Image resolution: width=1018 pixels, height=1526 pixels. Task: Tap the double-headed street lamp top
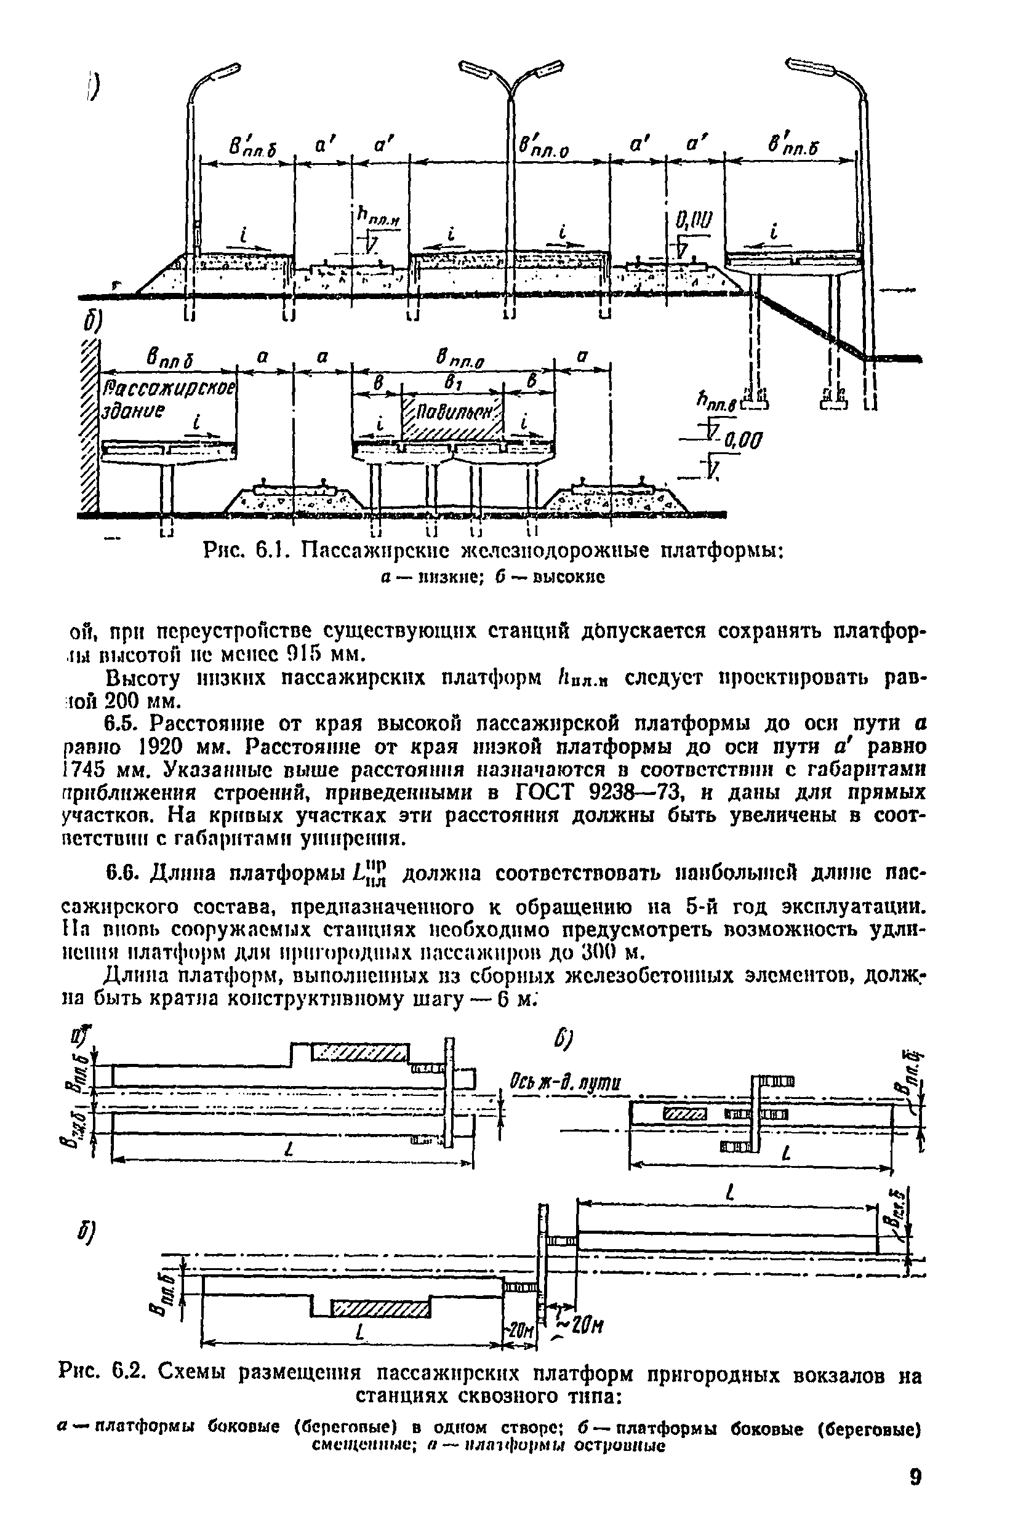point(511,78)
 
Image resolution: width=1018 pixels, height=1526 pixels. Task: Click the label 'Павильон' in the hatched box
point(452,412)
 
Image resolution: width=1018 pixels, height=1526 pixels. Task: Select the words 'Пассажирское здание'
point(168,400)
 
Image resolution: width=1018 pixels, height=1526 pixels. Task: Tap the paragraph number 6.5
point(121,724)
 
